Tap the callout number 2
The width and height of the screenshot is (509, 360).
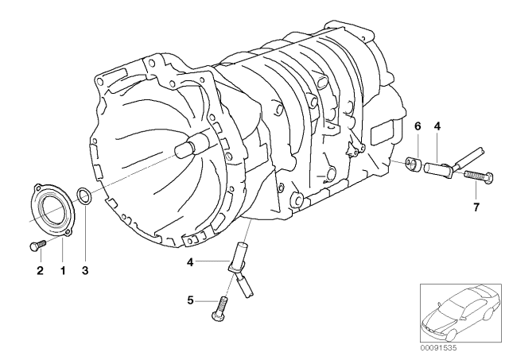[x=38, y=270]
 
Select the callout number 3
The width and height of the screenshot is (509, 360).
[x=86, y=270]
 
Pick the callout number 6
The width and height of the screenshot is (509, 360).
[x=416, y=125]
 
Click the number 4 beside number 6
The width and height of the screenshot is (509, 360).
[x=437, y=125]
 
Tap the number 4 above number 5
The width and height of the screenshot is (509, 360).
[x=190, y=261]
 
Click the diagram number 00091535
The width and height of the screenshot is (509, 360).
[x=442, y=347]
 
